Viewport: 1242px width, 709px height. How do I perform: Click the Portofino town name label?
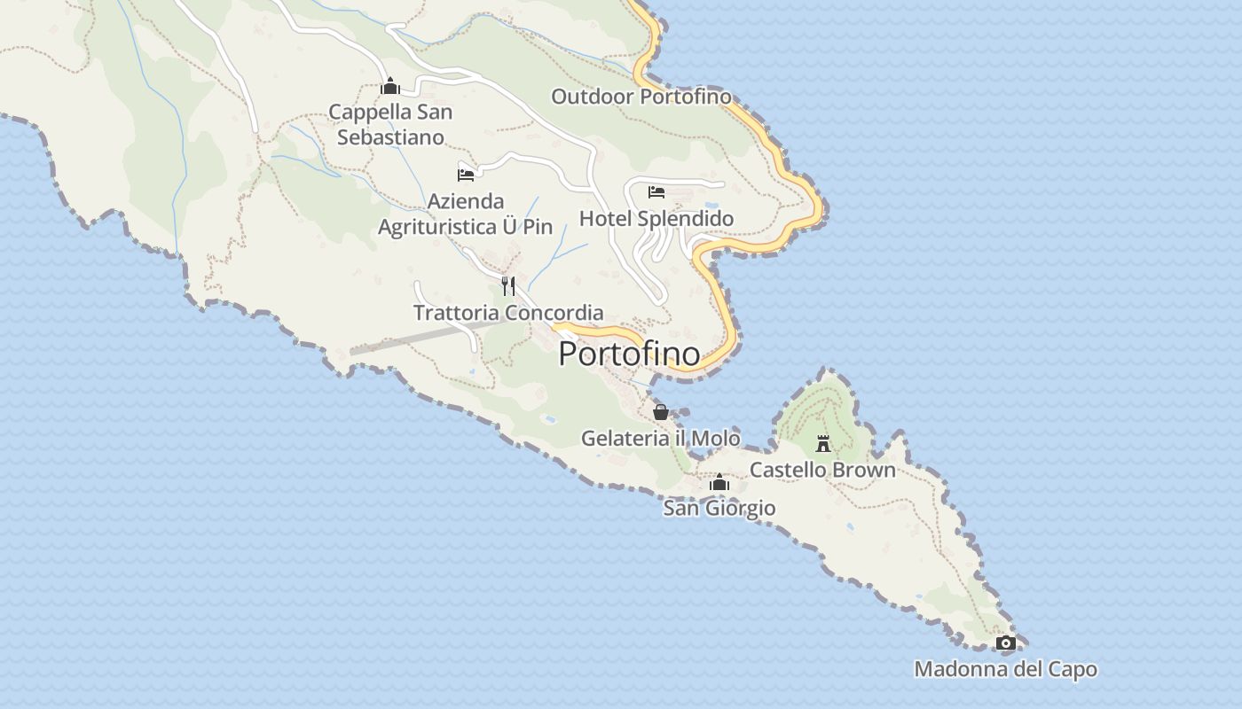click(629, 354)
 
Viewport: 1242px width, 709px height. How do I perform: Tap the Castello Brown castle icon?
click(823, 443)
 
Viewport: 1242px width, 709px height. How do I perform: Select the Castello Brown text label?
click(822, 470)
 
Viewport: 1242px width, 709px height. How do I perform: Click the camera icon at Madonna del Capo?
click(1005, 643)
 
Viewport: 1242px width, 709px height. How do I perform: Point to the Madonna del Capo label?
click(1005, 670)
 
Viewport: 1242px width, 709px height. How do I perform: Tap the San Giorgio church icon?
click(719, 483)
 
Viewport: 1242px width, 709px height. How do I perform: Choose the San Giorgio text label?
click(719, 509)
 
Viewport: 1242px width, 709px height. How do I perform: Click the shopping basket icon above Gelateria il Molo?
click(660, 412)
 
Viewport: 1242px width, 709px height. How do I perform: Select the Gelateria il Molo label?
click(660, 438)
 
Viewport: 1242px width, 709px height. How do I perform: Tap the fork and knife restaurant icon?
click(508, 285)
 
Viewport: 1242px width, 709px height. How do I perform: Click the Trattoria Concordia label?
click(508, 313)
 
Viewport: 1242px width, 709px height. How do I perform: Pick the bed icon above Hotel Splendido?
click(656, 192)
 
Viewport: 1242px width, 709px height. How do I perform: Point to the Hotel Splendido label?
click(656, 219)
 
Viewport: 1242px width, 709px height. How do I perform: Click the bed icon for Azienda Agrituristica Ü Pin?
click(466, 174)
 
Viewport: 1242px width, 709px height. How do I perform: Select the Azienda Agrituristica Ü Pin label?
click(466, 214)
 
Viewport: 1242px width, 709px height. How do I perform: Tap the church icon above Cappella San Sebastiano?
click(389, 87)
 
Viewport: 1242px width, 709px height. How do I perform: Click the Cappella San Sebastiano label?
click(390, 125)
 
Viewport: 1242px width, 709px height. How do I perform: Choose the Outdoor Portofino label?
click(641, 97)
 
